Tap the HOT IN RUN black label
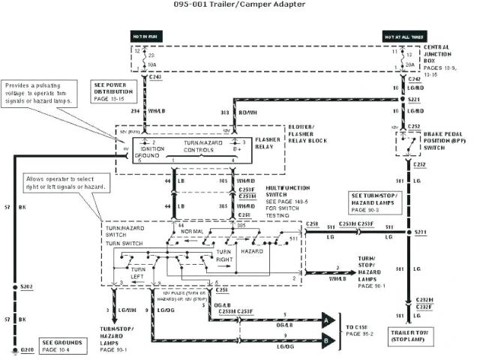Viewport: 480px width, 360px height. click(145, 36)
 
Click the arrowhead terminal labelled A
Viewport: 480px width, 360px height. click(327, 320)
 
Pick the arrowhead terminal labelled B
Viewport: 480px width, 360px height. click(327, 342)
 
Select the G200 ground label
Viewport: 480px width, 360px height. click(27, 350)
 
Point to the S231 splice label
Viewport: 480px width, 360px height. click(421, 232)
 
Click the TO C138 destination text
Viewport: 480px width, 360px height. click(359, 327)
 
